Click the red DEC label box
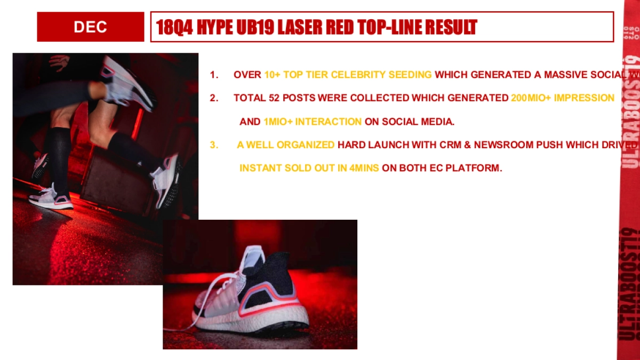point(90,27)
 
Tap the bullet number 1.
point(214,75)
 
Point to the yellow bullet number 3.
point(214,145)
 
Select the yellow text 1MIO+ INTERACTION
point(313,122)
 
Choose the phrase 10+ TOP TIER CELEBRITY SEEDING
point(348,75)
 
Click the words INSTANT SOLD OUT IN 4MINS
point(309,168)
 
